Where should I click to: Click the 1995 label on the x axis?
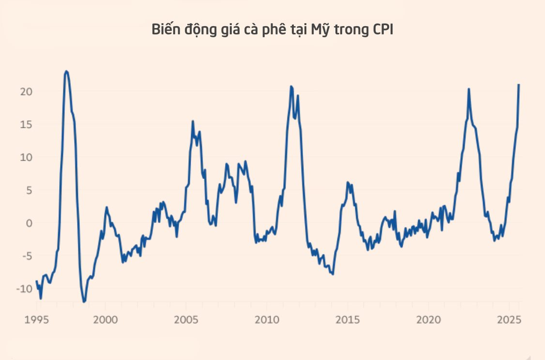[x=37, y=320]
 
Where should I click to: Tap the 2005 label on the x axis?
[x=186, y=320]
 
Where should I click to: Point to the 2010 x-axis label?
[x=267, y=320]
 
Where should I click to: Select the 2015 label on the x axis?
[x=348, y=320]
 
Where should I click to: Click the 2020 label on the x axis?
[x=428, y=320]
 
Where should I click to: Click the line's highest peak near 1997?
[x=66, y=71]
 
